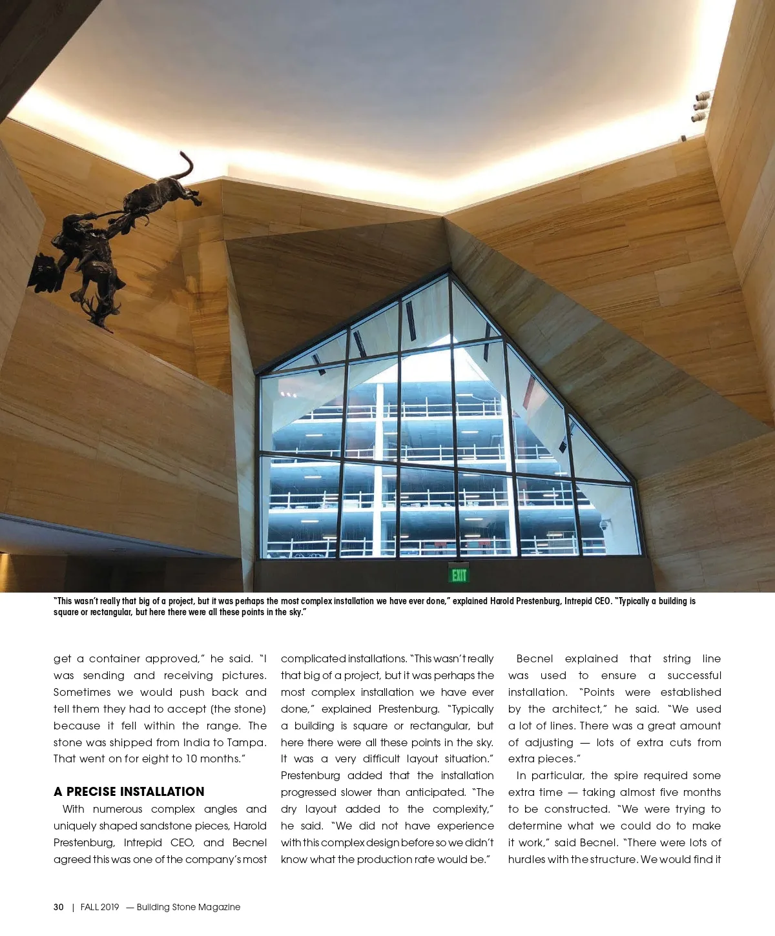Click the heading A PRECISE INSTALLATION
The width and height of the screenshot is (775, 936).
pyautogui.click(x=129, y=792)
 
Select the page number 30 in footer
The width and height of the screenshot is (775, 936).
pyautogui.click(x=59, y=907)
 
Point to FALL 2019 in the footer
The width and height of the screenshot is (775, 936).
pyautogui.click(x=100, y=907)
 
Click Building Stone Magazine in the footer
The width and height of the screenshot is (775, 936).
pyautogui.click(x=189, y=907)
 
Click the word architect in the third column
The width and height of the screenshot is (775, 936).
pyautogui.click(x=577, y=709)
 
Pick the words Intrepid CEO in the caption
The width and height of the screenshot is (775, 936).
pyautogui.click(x=587, y=601)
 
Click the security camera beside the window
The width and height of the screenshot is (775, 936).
pyautogui.click(x=604, y=525)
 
